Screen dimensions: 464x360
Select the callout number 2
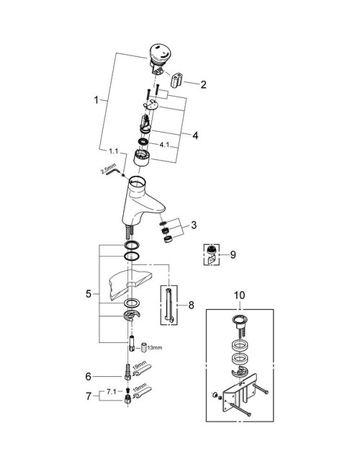[x=203, y=84]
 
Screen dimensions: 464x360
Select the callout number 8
[x=192, y=305]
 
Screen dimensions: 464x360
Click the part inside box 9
[x=212, y=253]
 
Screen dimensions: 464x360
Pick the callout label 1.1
[x=113, y=151]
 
